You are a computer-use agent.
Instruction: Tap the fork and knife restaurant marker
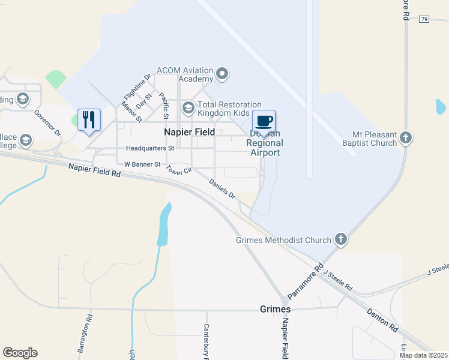coord(89,120)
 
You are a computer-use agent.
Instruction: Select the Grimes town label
coord(276,310)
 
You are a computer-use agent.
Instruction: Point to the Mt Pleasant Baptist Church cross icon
coord(406,138)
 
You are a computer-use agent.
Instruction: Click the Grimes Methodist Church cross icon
coord(341,239)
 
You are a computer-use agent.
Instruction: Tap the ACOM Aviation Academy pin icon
coord(222,74)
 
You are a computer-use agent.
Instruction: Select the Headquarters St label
coord(150,148)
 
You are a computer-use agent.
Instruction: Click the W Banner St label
coord(142,164)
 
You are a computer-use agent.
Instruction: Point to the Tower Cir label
coord(179,170)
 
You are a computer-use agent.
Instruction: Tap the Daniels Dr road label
coord(222,188)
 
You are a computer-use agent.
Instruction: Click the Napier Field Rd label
coord(94,172)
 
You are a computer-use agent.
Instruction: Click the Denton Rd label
coord(382,320)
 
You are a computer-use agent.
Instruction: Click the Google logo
coord(20,353)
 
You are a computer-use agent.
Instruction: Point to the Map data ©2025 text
coord(423,355)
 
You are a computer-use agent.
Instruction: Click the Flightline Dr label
coord(134,88)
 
